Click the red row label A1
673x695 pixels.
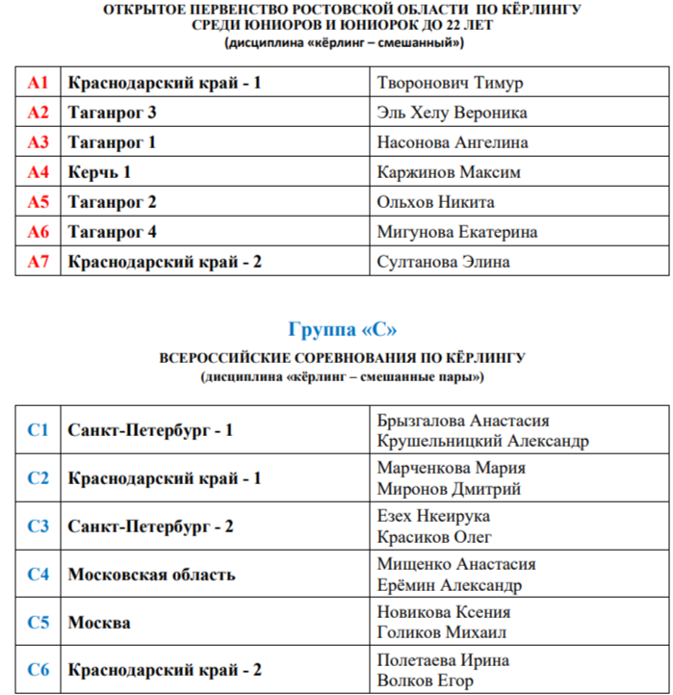pyautogui.click(x=38, y=83)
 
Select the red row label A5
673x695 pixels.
pyautogui.click(x=38, y=202)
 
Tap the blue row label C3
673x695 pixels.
pyautogui.click(x=38, y=527)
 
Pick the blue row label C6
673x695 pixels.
pyautogui.click(x=38, y=670)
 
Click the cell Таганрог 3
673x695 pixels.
pyautogui.click(x=112, y=113)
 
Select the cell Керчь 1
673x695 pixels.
pyautogui.click(x=99, y=172)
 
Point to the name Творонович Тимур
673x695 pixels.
pyautogui.click(x=451, y=83)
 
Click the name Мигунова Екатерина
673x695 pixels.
pyautogui.click(x=457, y=232)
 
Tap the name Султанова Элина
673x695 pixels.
pyautogui.click(x=444, y=262)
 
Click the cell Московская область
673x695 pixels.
pyautogui.click(x=151, y=575)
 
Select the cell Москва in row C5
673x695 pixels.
pyautogui.click(x=99, y=623)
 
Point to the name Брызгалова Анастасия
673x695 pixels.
pyautogui.click(x=463, y=421)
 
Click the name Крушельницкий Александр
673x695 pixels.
pyautogui.click(x=483, y=441)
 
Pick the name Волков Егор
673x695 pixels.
pyautogui.click(x=426, y=681)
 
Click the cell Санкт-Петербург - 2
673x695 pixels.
pyautogui.click(x=150, y=527)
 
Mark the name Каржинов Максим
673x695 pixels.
pyautogui.click(x=449, y=172)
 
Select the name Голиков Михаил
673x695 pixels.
pyautogui.click(x=442, y=632)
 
